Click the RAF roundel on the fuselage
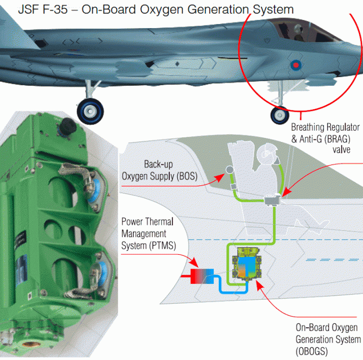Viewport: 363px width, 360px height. point(296,65)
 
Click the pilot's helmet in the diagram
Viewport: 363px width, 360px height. point(266,153)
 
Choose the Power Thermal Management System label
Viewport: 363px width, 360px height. point(148,234)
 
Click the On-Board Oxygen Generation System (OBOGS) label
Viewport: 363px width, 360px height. point(327,340)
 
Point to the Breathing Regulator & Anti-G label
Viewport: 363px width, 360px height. point(325,132)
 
